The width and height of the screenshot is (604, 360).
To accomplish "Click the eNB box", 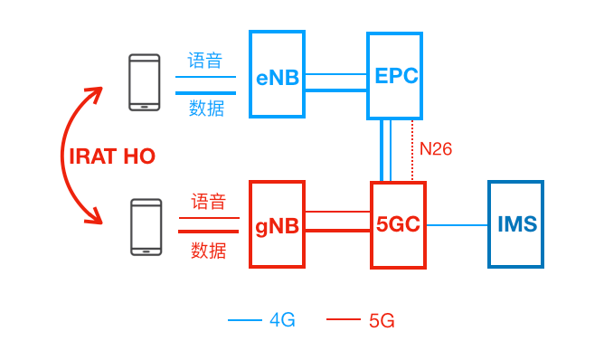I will click(x=277, y=74).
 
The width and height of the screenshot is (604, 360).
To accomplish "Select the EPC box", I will click(x=395, y=75).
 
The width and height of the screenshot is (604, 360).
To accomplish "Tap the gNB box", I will click(x=277, y=223).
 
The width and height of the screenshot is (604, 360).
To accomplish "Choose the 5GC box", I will click(x=398, y=223).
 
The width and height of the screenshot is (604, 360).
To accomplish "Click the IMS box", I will click(x=516, y=223).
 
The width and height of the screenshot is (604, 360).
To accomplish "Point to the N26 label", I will click(x=436, y=149).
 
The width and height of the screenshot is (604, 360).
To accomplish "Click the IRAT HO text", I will click(x=112, y=156).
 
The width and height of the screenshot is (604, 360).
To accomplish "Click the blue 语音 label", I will click(x=205, y=61).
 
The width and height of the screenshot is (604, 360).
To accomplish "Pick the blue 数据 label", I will click(x=206, y=108).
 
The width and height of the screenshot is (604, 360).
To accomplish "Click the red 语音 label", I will click(x=208, y=202).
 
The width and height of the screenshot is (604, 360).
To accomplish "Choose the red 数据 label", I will click(x=208, y=251).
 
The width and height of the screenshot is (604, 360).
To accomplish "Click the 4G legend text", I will click(x=282, y=319).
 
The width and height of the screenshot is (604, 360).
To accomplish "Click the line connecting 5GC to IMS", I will click(x=457, y=224).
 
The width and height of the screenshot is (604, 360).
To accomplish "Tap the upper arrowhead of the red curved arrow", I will click(x=94, y=92).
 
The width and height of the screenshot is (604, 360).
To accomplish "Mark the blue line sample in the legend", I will click(x=243, y=319).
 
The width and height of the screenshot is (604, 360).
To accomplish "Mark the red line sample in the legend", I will click(x=343, y=319).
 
